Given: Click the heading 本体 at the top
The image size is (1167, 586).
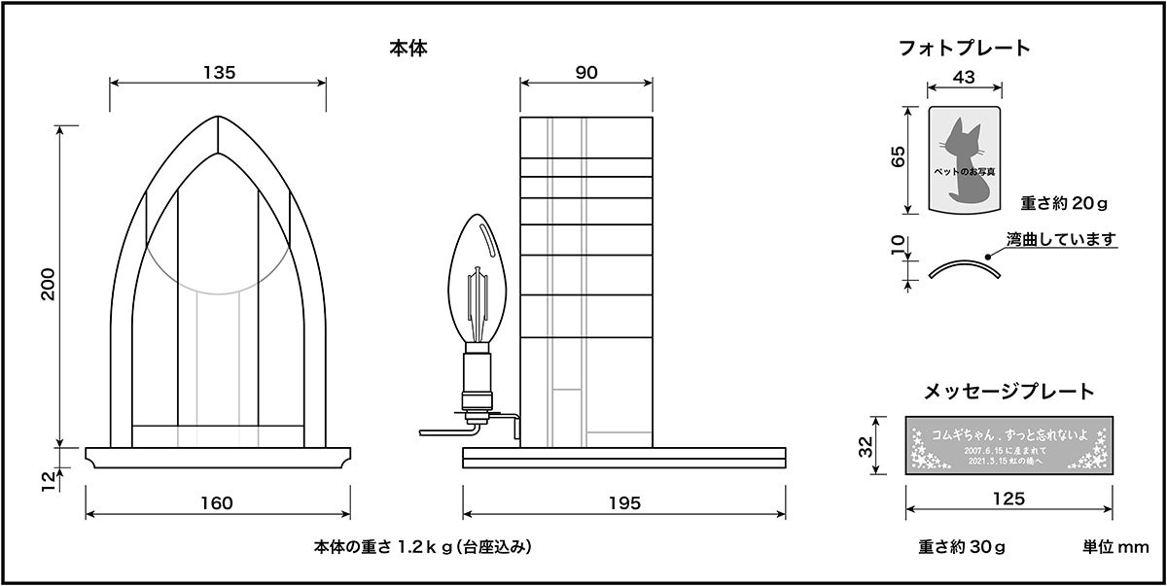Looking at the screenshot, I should [x=408, y=46].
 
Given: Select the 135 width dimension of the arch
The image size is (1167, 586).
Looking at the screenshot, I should [x=219, y=72].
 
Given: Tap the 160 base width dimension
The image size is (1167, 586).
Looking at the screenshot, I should [x=217, y=502].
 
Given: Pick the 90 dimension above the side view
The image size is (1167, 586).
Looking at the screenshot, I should [x=585, y=72].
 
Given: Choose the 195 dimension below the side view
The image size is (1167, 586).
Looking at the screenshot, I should [x=624, y=502].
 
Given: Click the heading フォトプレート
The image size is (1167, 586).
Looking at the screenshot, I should [x=964, y=48].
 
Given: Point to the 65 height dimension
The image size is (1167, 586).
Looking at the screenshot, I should [x=898, y=156].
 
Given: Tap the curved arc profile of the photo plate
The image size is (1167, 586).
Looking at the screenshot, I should [x=963, y=267].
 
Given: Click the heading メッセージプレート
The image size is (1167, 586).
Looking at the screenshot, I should [x=1008, y=392].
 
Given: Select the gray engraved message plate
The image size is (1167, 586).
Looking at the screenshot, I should [x=1009, y=446].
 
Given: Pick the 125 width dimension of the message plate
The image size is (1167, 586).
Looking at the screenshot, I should [x=1009, y=500].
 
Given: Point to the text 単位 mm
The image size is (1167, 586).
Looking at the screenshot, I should [x=1115, y=547].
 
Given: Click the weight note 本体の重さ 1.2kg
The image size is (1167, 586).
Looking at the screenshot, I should [x=423, y=547].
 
